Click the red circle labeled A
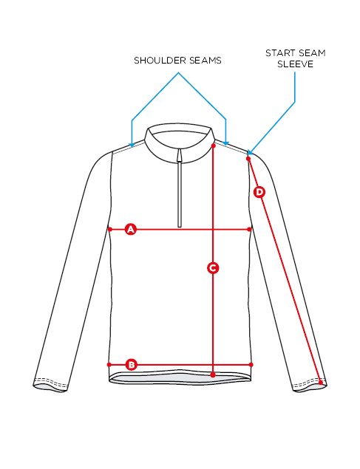click(131, 230)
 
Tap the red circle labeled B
click(132, 365)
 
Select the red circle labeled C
click(213, 268)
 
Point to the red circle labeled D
click(259, 192)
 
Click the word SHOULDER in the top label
click(156, 61)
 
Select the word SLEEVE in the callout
click(296, 64)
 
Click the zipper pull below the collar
click(180, 156)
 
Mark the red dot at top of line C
click(214, 146)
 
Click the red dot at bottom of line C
click(213, 374)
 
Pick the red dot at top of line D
click(248, 159)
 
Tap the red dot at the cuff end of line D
click(321, 383)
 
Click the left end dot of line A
click(110, 230)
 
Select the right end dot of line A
click(250, 230)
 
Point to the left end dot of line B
click(109, 365)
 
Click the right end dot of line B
click(251, 365)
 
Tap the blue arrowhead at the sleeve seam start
click(250, 153)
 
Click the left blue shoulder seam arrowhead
click(132, 145)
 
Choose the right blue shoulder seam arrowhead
click(226, 143)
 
